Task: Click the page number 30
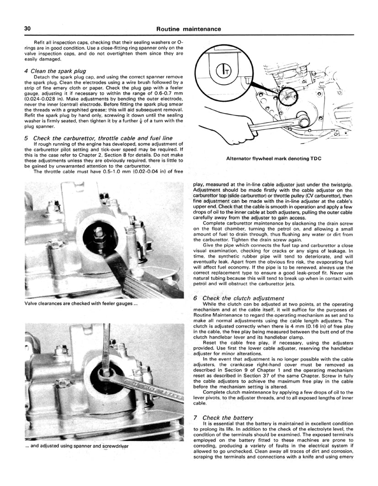click(x=27, y=28)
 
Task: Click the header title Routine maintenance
click(x=189, y=29)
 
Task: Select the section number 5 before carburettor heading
click(x=26, y=138)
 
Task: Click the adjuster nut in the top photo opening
click(x=99, y=234)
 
